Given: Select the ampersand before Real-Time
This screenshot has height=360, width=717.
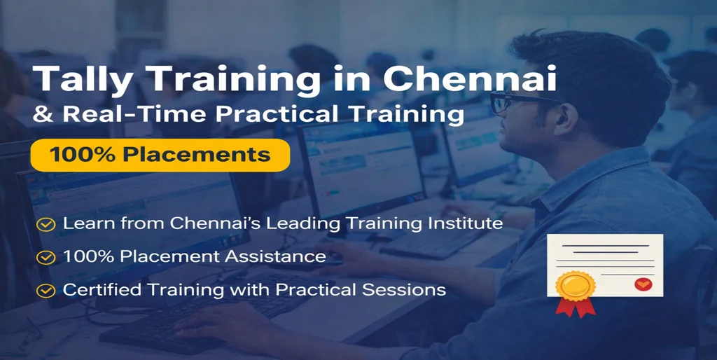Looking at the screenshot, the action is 43,114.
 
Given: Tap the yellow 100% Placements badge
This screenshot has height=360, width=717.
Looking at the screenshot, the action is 160,155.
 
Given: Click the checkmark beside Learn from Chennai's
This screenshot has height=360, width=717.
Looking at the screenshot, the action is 46,225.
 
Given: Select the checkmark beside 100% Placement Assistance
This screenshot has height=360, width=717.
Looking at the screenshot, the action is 46,258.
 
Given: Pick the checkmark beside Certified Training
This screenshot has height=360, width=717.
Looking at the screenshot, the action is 46,291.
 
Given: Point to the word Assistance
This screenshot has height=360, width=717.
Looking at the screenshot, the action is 275,256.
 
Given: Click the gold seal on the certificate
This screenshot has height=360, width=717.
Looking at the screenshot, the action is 576,286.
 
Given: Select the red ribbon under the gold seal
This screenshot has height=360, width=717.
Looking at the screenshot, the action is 576,307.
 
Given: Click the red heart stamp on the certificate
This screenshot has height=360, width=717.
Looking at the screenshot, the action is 643,284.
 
